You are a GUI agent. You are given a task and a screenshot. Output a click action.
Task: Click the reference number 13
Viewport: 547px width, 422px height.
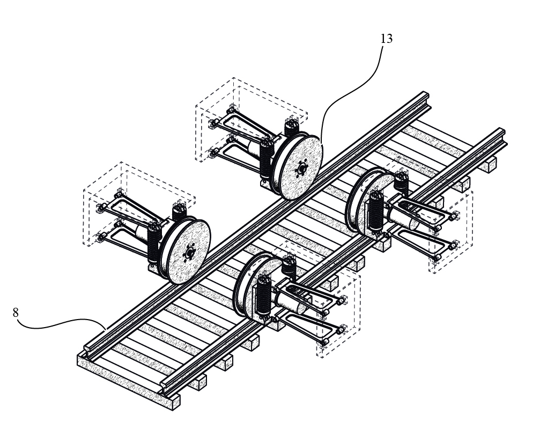coord(386,39)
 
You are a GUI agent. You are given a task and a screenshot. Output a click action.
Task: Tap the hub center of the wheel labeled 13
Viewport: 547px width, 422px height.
coord(301,169)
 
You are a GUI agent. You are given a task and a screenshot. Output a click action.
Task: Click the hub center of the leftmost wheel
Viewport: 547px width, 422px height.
coord(189,251)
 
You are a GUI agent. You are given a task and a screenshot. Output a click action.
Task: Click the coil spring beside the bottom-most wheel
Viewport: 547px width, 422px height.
coord(264,295)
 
